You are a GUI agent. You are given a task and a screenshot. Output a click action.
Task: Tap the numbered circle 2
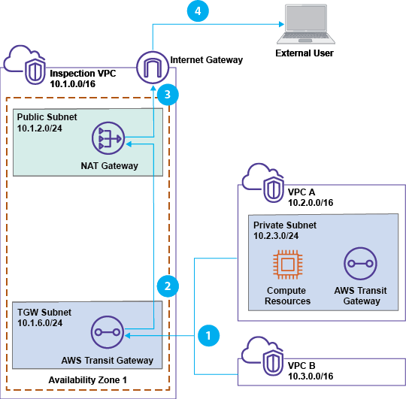(168, 286)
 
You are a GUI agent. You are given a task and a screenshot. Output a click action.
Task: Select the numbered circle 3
(168, 95)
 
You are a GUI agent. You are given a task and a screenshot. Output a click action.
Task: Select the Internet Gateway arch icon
(153, 68)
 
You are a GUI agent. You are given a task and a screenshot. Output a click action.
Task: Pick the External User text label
(304, 53)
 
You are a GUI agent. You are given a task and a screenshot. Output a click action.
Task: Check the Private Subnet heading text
(285, 225)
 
